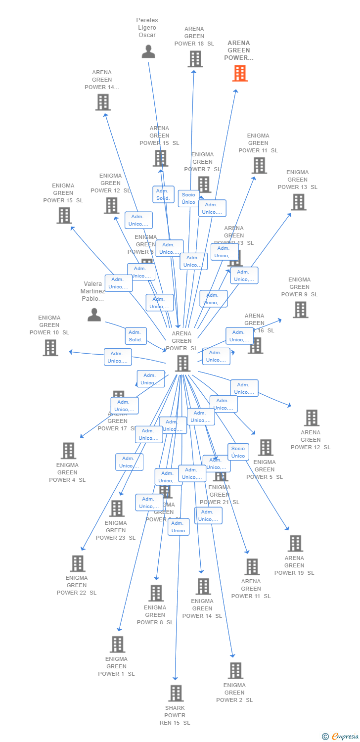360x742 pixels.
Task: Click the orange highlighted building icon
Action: point(240,73)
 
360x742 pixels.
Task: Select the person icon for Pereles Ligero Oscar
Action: point(148,51)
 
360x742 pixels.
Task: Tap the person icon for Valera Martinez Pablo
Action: point(94,315)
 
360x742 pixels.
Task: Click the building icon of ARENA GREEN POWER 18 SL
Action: point(195,59)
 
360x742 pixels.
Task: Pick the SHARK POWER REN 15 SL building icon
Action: point(176,693)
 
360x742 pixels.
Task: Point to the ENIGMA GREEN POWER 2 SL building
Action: point(235,670)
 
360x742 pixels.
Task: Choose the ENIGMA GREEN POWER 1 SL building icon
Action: point(117,644)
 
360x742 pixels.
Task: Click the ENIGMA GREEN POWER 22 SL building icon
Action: point(78,563)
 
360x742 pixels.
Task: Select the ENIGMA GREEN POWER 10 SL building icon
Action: point(50,348)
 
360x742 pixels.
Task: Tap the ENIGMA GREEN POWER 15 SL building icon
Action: point(64,215)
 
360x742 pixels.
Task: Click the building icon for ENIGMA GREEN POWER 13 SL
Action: point(298,202)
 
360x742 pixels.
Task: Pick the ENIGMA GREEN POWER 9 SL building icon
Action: point(300,310)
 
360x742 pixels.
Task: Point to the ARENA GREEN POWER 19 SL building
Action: point(295,543)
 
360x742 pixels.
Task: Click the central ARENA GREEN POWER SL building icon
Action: point(182,363)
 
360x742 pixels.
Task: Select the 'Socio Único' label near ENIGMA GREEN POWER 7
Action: point(188,198)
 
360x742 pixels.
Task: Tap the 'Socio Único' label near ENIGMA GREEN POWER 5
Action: point(238,452)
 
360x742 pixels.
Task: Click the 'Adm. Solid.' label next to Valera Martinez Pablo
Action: point(135,336)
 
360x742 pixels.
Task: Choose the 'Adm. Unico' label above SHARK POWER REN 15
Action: point(178,527)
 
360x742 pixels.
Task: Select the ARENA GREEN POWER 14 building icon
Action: point(102,102)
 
